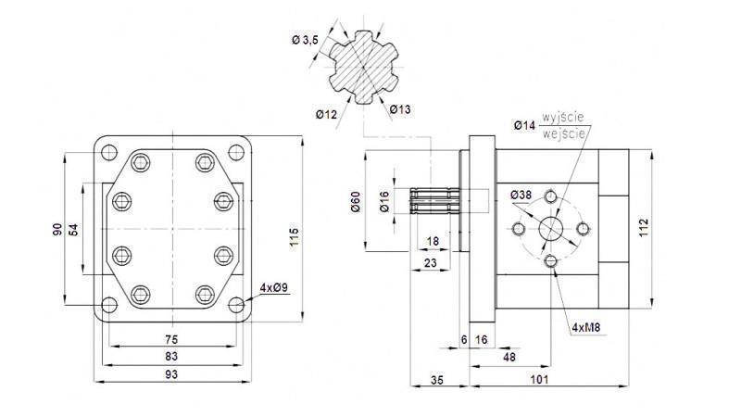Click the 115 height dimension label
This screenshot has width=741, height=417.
(294, 235)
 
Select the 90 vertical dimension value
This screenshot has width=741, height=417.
(57, 230)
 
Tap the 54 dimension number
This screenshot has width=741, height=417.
(76, 229)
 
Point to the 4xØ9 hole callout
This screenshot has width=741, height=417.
(274, 287)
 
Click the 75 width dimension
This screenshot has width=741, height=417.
(171, 339)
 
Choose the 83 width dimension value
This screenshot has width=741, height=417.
(171, 356)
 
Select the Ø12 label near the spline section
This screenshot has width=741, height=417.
(325, 114)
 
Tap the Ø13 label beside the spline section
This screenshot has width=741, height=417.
(400, 109)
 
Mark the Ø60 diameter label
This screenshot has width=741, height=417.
(356, 202)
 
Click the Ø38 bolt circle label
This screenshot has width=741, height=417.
(521, 195)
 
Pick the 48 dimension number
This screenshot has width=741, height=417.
(509, 357)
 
